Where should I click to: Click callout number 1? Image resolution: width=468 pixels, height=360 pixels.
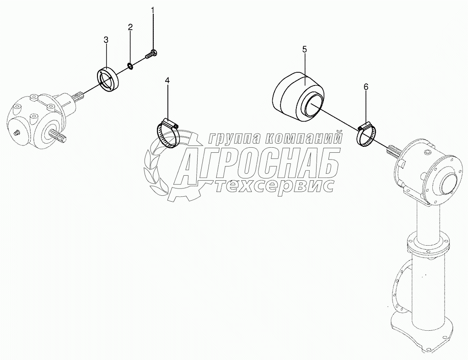pos(153,10)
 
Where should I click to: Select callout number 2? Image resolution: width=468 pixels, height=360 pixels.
pos(130,27)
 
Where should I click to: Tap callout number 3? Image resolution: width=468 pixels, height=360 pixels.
pos(106,40)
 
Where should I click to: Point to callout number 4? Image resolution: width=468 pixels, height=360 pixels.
pos(167,81)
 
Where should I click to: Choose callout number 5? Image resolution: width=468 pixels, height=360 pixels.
pos(304,49)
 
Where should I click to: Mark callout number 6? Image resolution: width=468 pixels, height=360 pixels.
pos(366,86)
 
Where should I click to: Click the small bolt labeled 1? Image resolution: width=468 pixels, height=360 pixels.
pos(151,54)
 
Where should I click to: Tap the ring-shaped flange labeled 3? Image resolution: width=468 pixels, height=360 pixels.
pos(108,79)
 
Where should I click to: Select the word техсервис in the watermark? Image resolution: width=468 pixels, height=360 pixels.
pos(274,185)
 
